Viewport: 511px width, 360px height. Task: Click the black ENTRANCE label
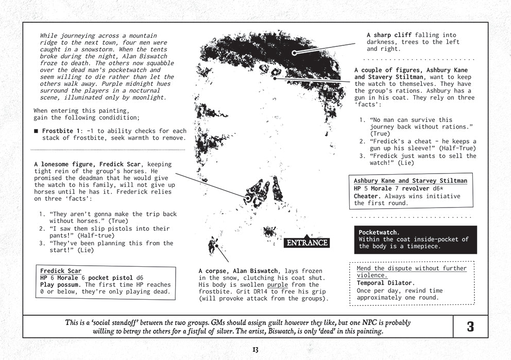[306, 243]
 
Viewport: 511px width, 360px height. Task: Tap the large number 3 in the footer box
[470, 327]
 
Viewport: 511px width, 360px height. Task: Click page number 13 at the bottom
[255, 350]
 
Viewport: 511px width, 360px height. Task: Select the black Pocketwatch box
[415, 239]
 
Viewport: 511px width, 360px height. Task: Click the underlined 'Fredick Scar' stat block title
[60, 271]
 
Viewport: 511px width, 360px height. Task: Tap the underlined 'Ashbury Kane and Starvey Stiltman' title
[411, 181]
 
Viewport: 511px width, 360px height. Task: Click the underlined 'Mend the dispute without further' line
[412, 268]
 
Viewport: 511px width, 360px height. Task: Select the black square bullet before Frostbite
[36, 131]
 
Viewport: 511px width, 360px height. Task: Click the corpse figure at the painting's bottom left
[212, 245]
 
